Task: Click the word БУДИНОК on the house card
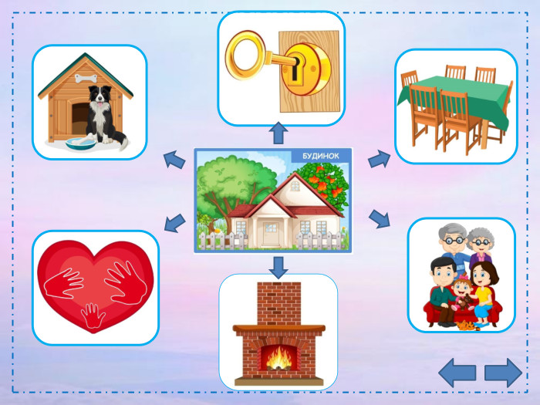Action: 321,156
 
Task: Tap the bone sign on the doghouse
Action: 85,79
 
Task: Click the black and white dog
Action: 103,116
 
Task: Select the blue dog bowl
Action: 81,143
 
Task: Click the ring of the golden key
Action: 245,55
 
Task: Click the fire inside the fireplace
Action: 278,358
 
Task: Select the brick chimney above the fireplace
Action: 279,303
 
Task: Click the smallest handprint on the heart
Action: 92,315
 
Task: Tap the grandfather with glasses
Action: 454,245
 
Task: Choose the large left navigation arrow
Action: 457,373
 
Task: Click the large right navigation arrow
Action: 503,373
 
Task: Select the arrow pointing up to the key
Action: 278,133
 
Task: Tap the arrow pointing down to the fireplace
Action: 278,268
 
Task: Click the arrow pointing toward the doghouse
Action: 174,160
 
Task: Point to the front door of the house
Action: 271,232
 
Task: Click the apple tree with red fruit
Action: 324,186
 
